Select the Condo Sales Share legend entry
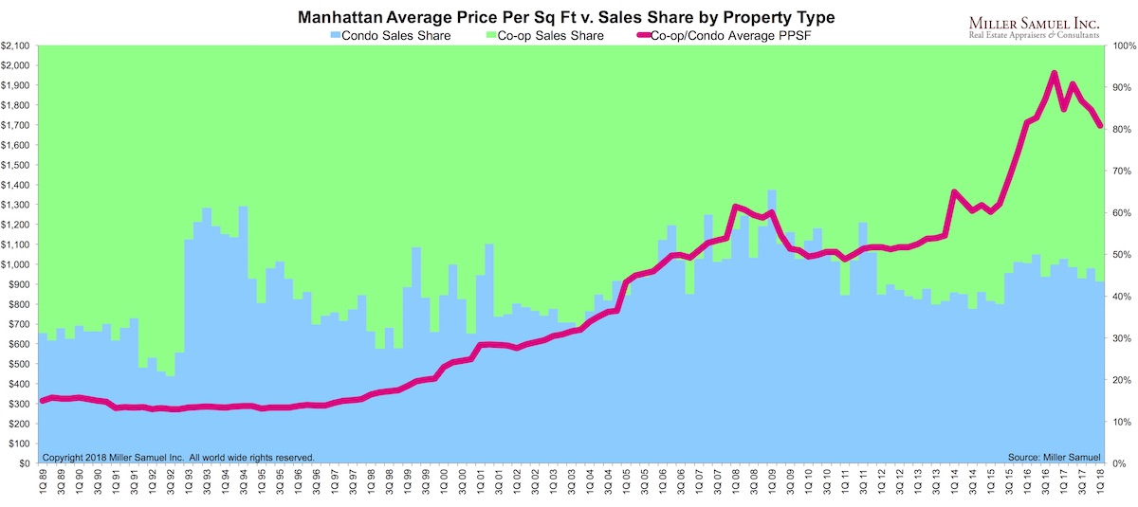pyautogui.click(x=389, y=35)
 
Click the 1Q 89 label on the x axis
pyautogui.click(x=43, y=483)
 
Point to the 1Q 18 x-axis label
pyautogui.click(x=1099, y=483)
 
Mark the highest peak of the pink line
pyautogui.click(x=1055, y=73)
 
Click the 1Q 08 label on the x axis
pyautogui.click(x=736, y=483)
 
